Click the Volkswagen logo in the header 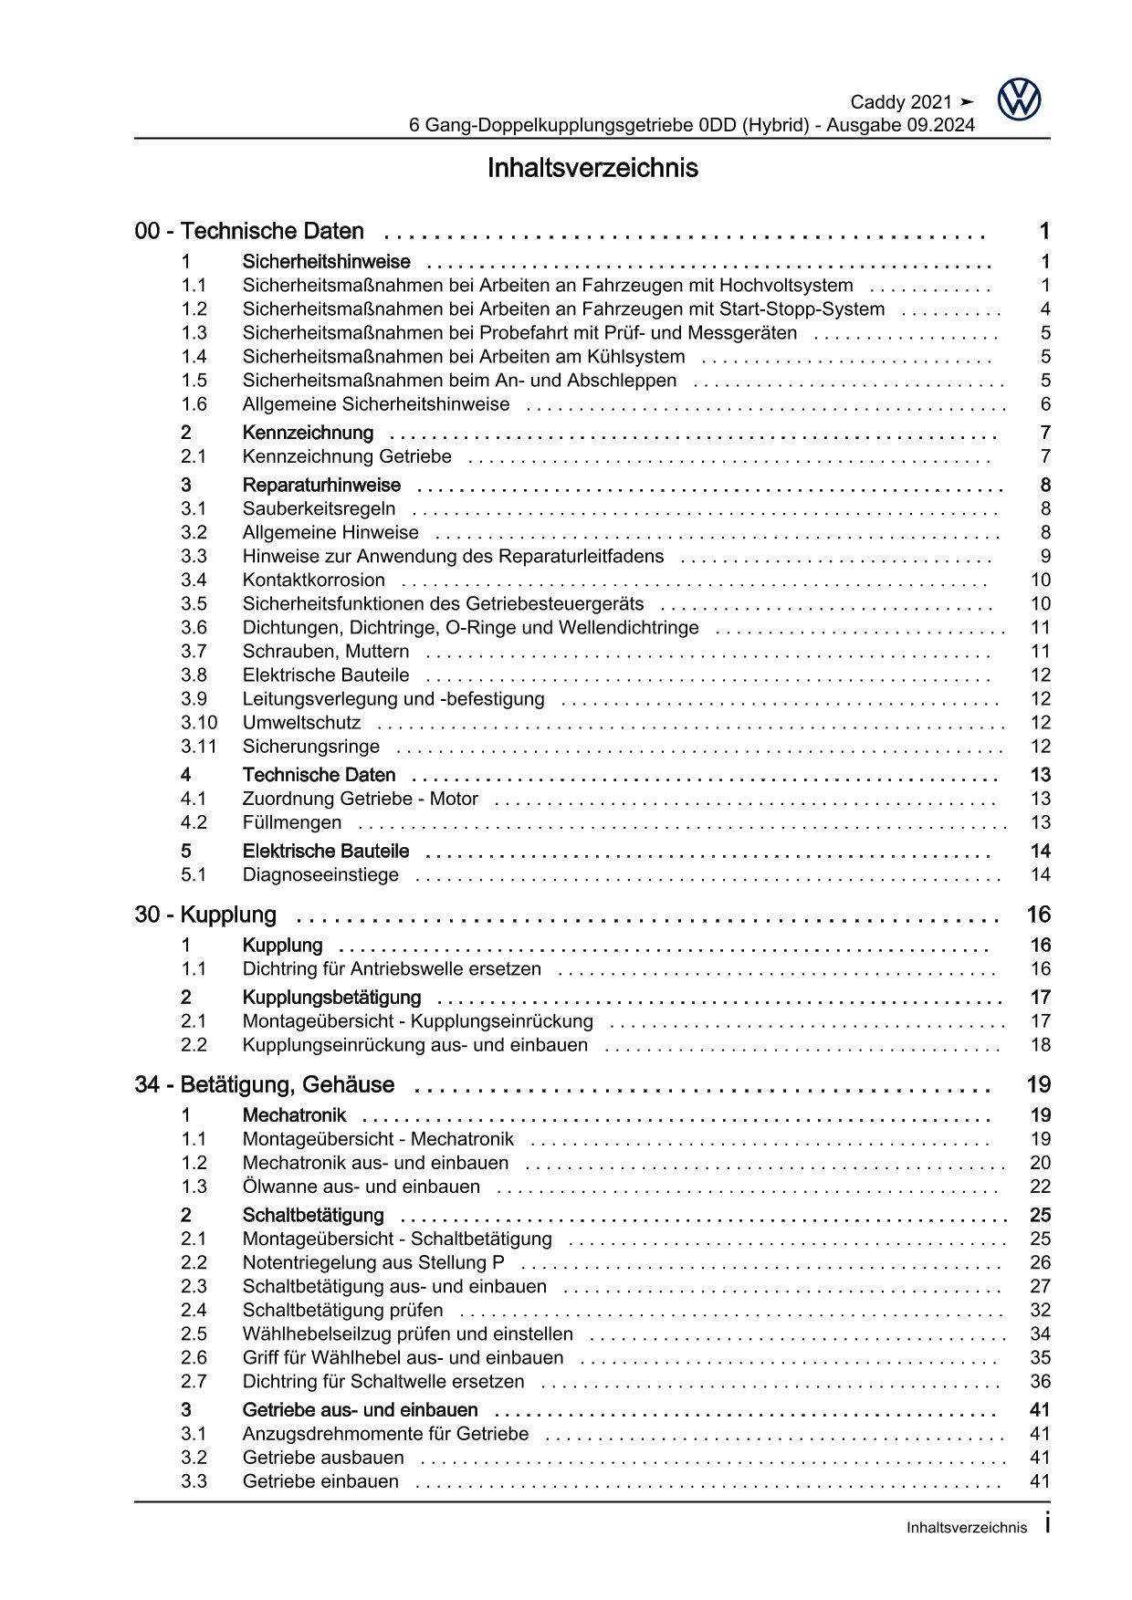[x=1019, y=99]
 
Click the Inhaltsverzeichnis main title [x=592, y=169]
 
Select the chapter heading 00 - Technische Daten [x=249, y=232]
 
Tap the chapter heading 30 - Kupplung [x=205, y=915]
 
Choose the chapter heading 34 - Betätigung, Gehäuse [x=265, y=1085]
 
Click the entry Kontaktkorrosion [x=313, y=580]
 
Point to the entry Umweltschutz [x=301, y=723]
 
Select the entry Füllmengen [x=292, y=822]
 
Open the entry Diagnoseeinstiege [x=320, y=875]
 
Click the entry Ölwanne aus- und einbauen [x=361, y=1187]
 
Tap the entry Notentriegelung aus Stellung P [x=373, y=1263]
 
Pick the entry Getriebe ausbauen [x=323, y=1458]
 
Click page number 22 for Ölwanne [x=1040, y=1187]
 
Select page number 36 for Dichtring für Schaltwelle [x=1040, y=1382]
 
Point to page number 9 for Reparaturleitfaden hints [x=1045, y=557]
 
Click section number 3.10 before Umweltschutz [x=199, y=723]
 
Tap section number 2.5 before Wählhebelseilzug [x=194, y=1334]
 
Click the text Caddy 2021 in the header [x=900, y=102]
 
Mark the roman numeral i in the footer [x=1046, y=1523]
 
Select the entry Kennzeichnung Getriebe [x=346, y=456]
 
